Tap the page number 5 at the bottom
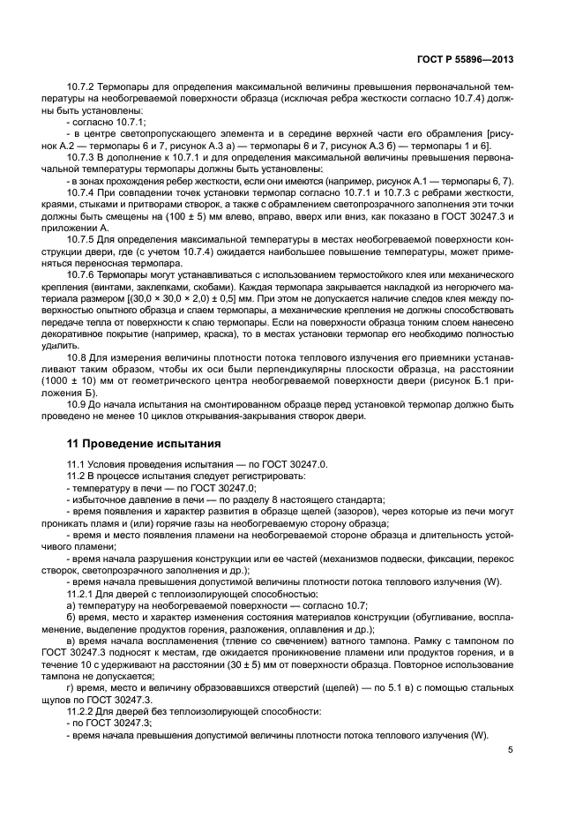pos(511,750)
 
